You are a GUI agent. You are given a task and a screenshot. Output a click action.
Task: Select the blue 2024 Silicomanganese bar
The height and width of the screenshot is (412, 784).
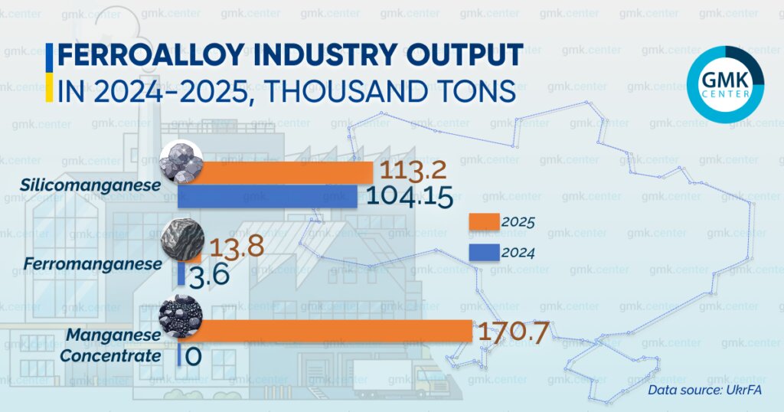(x=268, y=196)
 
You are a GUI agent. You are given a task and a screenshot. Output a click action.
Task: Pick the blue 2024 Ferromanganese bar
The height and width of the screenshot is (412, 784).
(x=181, y=274)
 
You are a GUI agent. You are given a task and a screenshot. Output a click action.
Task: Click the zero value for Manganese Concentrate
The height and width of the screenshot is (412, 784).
(x=193, y=356)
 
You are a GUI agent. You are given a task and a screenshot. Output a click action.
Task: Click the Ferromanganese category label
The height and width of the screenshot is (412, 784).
(x=93, y=264)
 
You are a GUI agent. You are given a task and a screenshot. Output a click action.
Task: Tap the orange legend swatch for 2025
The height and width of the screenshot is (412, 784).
(x=483, y=221)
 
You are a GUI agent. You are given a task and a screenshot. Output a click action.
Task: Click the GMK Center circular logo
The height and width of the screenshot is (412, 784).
(x=725, y=84)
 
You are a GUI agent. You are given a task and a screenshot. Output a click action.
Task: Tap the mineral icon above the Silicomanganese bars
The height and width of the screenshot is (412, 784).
(x=181, y=162)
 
